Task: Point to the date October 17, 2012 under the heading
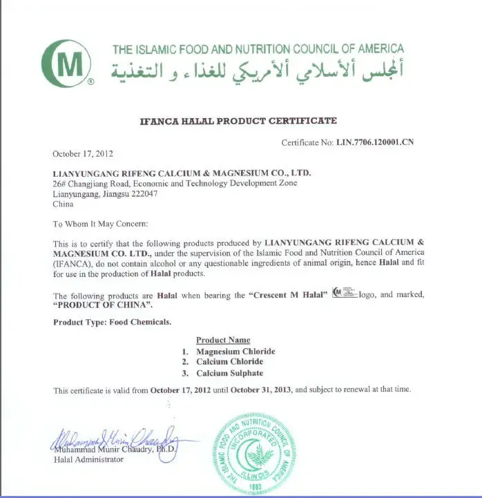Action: click(x=83, y=153)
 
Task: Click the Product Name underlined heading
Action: click(x=223, y=340)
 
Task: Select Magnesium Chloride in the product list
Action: click(x=235, y=352)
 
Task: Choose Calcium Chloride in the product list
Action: click(x=229, y=362)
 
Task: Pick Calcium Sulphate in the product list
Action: click(x=230, y=374)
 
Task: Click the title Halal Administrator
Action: click(x=89, y=459)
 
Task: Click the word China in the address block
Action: click(x=64, y=204)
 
